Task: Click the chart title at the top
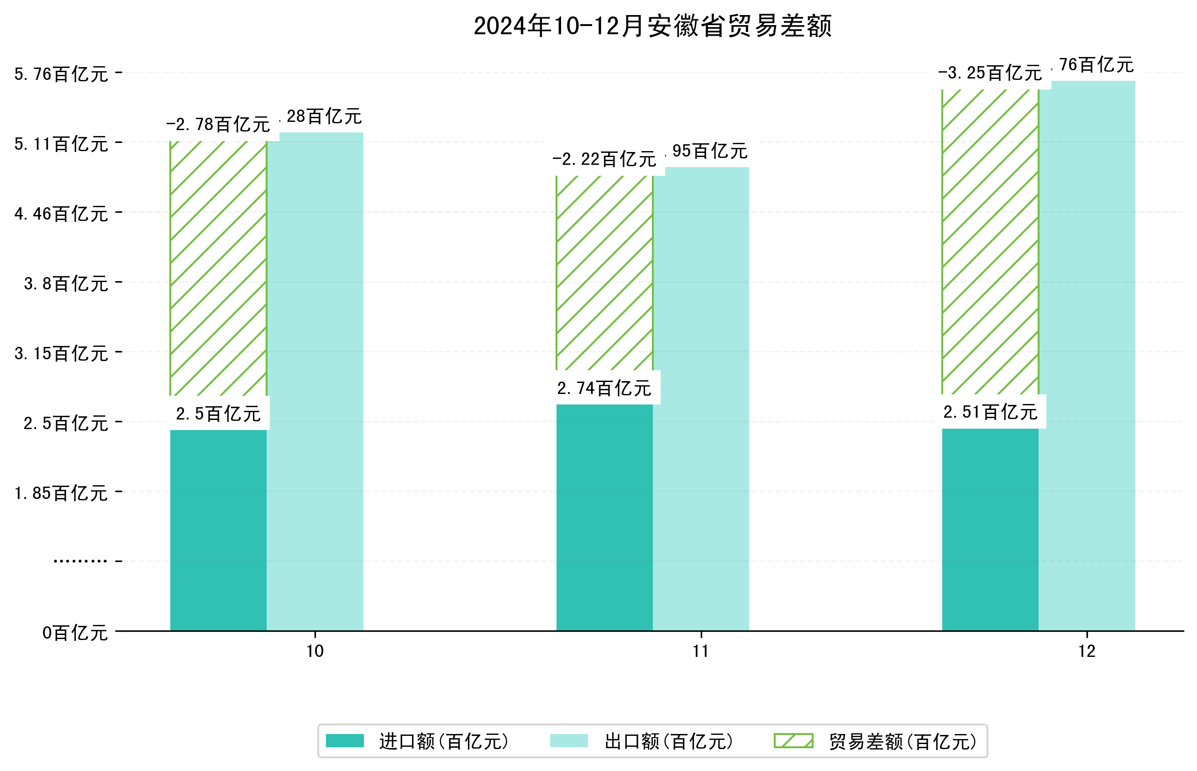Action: tap(652, 26)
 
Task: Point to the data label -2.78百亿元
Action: tap(218, 124)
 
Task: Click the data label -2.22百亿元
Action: tap(604, 159)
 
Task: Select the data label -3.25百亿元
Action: tap(990, 73)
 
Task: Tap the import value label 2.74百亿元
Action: tap(604, 388)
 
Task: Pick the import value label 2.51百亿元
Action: tap(990, 412)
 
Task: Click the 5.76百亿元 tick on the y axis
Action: tap(61, 74)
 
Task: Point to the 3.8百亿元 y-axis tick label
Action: tap(66, 284)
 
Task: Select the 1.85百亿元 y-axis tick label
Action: tap(61, 493)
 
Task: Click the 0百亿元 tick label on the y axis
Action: tap(75, 633)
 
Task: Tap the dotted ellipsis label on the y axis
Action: tap(80, 561)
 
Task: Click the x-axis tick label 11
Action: tap(701, 651)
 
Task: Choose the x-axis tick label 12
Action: tap(1087, 651)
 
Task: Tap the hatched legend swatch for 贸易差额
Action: tap(793, 740)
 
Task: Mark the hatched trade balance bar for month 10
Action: tap(218, 268)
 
